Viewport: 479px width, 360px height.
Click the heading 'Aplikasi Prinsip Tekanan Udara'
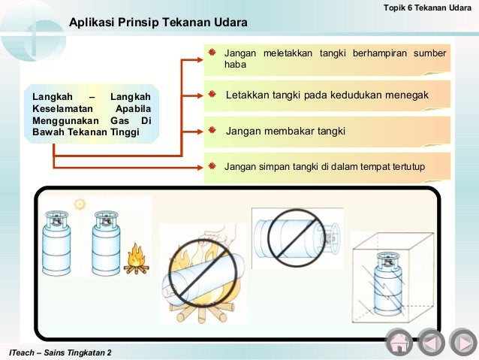pos(158,23)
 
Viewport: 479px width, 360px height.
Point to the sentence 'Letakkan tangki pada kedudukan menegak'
pos(327,96)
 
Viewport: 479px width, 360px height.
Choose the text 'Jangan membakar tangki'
pos(285,131)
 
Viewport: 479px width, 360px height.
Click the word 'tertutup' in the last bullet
pos(405,165)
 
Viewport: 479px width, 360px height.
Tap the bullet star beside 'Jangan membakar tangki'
pos(212,130)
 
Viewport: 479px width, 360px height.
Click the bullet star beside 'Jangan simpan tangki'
pos(212,165)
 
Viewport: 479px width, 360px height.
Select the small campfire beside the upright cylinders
pos(136,259)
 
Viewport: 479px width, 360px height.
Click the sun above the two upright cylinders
pos(79,204)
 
